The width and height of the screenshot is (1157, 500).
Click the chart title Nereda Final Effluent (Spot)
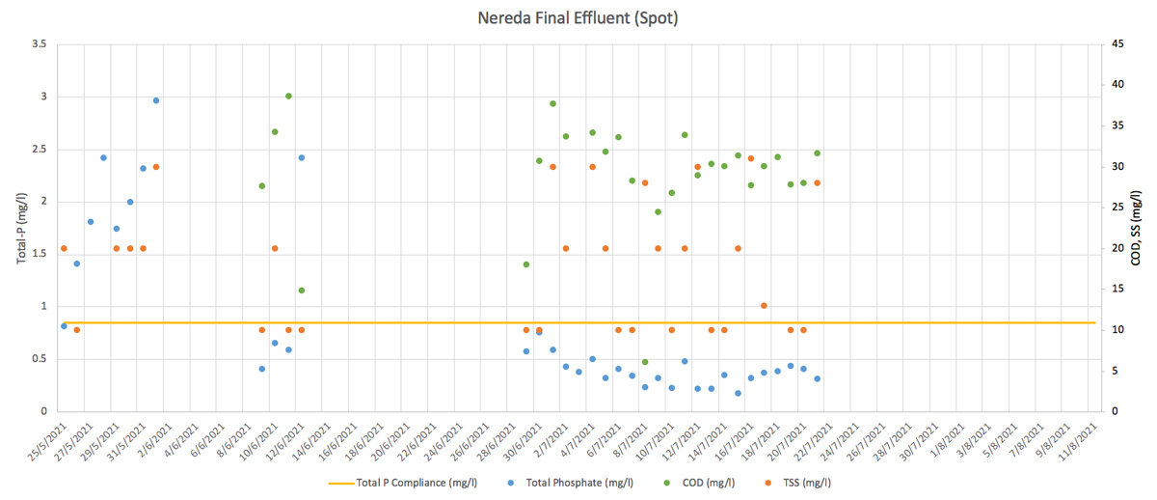coord(578,18)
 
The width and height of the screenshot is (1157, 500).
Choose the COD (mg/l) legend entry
coord(699,483)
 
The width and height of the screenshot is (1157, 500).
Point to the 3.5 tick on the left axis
coord(40,44)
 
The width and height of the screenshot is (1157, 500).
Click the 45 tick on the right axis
coord(1117,44)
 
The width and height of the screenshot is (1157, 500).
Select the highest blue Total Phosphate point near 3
coord(156,100)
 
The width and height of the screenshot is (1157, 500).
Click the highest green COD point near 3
coord(288,96)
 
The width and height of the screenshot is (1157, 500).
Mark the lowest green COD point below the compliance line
coord(645,362)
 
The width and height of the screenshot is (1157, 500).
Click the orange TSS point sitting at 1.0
coord(764,306)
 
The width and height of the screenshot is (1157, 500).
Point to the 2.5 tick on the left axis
coord(40,150)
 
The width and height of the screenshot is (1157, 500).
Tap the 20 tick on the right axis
coord(1117,248)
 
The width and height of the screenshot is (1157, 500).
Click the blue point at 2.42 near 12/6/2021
coord(302,157)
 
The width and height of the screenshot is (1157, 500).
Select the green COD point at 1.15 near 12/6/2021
coord(302,291)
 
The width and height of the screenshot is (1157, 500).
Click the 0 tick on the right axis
coord(1114,411)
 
